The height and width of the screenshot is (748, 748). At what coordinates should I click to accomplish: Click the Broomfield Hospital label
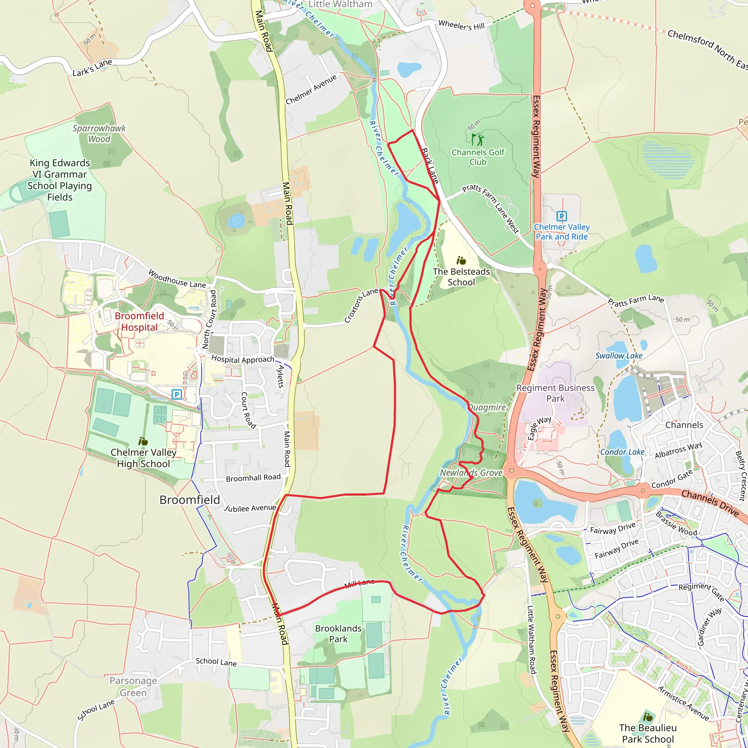click(x=140, y=321)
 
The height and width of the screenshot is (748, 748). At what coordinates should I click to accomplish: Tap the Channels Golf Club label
click(x=478, y=157)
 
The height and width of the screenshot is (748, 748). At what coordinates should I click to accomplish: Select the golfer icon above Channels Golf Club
click(x=478, y=139)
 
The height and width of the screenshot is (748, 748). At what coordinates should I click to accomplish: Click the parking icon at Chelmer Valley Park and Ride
click(x=561, y=216)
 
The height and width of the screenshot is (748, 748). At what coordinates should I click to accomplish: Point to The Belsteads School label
click(x=461, y=277)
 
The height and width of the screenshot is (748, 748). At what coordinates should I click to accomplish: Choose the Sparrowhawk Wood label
click(x=99, y=134)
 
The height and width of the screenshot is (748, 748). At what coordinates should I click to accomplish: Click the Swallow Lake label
click(x=619, y=356)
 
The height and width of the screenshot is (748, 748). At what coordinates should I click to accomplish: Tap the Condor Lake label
click(x=622, y=452)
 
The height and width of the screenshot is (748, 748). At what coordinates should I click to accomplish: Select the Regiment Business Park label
click(x=555, y=393)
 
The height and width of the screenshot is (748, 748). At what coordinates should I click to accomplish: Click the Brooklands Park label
click(x=338, y=633)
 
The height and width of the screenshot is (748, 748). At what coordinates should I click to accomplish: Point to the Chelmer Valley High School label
click(x=143, y=458)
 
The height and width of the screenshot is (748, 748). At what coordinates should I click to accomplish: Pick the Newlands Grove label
click(x=471, y=473)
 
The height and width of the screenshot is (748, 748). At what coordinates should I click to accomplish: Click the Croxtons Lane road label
click(x=361, y=305)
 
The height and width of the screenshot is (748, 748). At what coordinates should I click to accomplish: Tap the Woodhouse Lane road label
click(x=177, y=279)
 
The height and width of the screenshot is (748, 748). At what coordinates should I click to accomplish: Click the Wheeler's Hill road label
click(x=461, y=26)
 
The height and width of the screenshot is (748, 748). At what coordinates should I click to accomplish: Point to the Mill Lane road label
click(x=359, y=583)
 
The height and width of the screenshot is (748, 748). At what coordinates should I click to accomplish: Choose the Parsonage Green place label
click(x=133, y=686)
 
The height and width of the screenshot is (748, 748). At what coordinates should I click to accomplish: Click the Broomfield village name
click(x=190, y=500)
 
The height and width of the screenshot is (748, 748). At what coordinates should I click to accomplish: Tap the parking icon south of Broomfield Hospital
click(x=176, y=394)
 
